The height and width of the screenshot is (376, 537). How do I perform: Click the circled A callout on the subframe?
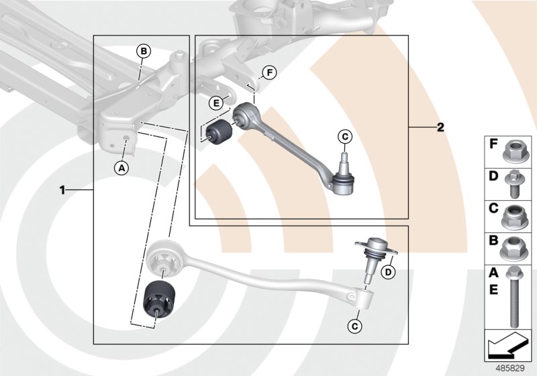pyautogui.click(x=122, y=168)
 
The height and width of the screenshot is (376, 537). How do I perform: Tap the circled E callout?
pyautogui.click(x=215, y=103)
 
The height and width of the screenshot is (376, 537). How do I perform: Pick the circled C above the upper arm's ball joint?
pyautogui.click(x=344, y=137)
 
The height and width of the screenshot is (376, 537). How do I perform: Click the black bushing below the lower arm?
pyautogui.click(x=161, y=304)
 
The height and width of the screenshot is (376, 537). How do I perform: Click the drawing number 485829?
pyautogui.click(x=509, y=368)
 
